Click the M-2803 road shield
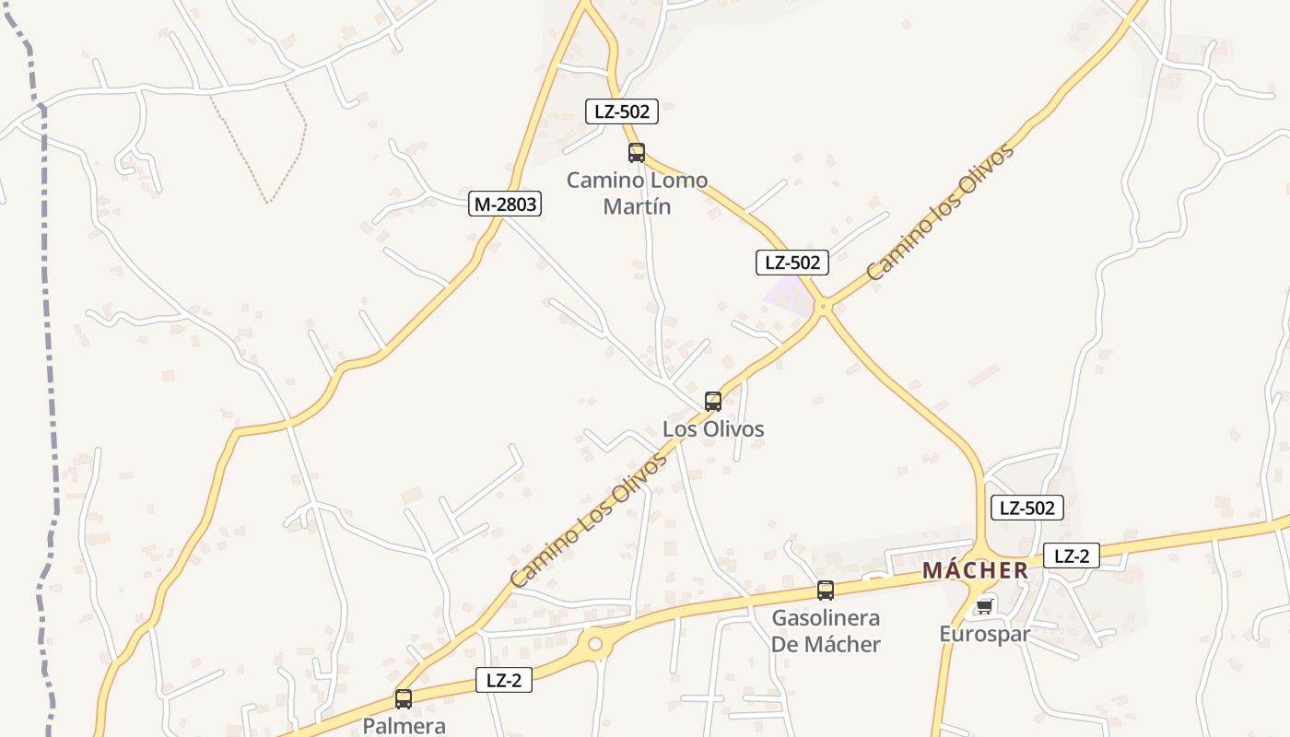coord(504,204)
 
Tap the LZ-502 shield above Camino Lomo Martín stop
coord(622,112)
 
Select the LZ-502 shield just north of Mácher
coord(1026,507)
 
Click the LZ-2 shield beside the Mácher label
coord(1072,556)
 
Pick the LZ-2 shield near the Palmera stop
coord(504,681)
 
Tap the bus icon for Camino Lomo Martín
coord(636,153)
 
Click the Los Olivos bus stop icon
coord(712,401)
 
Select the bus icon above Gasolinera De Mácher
coord(826,591)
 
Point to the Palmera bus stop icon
coord(403,699)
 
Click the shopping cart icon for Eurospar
coord(984,606)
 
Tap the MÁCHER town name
coord(975,570)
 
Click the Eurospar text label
coord(984,634)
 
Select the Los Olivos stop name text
coord(713,429)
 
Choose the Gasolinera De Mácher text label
coord(826,631)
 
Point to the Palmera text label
coord(404,726)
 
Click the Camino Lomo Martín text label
coord(637,193)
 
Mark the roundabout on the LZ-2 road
coord(595,643)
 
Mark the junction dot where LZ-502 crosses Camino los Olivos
coord(824,306)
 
